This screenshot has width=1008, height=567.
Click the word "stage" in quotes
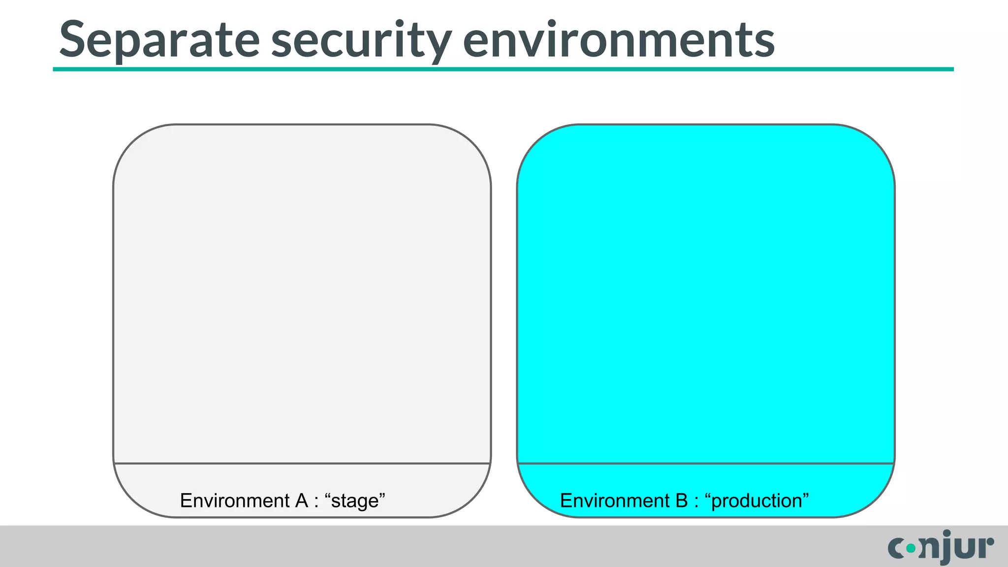(355, 501)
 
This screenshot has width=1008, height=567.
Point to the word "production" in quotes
(756, 501)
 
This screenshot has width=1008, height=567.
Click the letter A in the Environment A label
(301, 501)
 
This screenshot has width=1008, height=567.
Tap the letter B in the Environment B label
(681, 501)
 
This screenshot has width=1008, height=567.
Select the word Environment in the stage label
(235, 501)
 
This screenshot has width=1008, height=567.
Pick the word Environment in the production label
(615, 501)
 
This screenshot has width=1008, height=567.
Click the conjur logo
(941, 547)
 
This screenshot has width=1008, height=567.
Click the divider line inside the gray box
(302, 463)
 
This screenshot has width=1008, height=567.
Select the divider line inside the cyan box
(706, 463)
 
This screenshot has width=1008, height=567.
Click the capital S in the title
(73, 39)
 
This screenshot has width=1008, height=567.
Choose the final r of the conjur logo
(986, 547)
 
